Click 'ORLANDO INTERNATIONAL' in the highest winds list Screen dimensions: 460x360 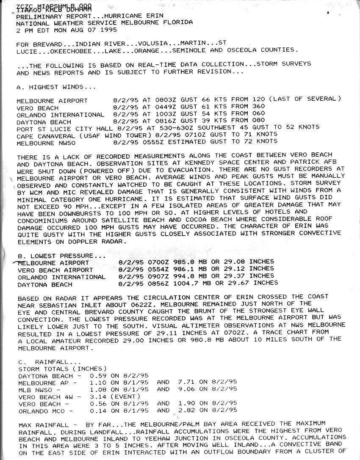tap(60, 114)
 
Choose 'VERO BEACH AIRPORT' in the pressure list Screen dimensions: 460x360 tap(55, 270)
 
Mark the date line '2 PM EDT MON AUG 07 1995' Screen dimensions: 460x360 tap(67, 30)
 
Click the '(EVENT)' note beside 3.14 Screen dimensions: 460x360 tap(125, 397)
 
